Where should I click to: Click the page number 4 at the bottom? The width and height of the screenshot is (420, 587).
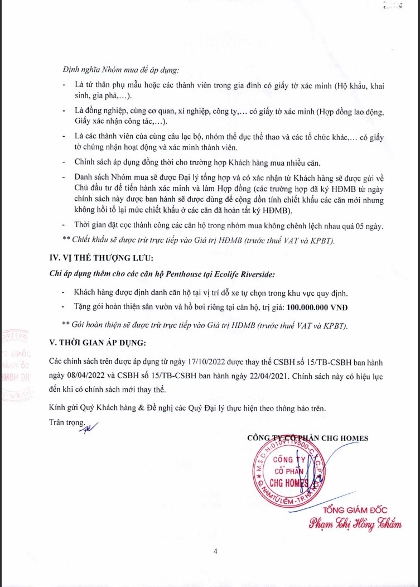pos(215,552)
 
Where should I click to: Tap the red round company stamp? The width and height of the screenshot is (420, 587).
pos(284,471)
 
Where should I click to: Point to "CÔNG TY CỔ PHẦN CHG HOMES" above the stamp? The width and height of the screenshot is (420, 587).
pos(307,438)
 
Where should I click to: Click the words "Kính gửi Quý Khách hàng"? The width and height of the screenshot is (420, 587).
pos(91,408)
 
